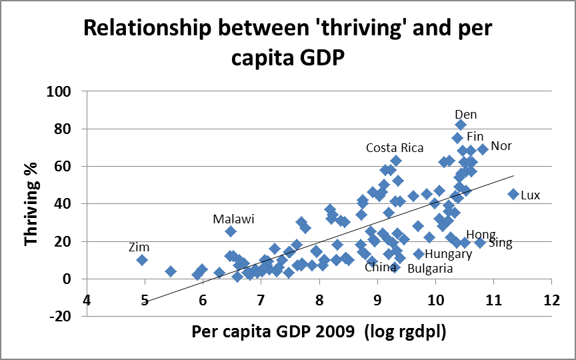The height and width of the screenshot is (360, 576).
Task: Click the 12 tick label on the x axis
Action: tap(551, 300)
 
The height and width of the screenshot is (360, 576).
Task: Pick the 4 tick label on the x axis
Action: tap(87, 300)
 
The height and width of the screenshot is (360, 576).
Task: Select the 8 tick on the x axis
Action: tap(319, 300)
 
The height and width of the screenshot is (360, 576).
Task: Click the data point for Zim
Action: tap(142, 260)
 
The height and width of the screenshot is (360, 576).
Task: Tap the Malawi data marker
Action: tap(231, 231)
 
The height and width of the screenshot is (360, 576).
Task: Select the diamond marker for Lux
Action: tap(513, 194)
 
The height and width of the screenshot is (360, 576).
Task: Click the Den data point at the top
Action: tap(461, 125)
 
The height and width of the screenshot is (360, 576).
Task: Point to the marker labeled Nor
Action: tap(483, 149)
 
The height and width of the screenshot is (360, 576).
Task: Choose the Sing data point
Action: tap(480, 243)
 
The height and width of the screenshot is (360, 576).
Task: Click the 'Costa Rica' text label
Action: tap(394, 148)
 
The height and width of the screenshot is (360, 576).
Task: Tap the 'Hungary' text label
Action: tap(448, 254)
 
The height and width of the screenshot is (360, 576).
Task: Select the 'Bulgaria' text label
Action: tap(429, 269)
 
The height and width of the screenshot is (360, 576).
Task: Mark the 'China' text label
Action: tap(380, 267)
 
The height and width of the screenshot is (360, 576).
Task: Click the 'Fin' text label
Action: tap(475, 137)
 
